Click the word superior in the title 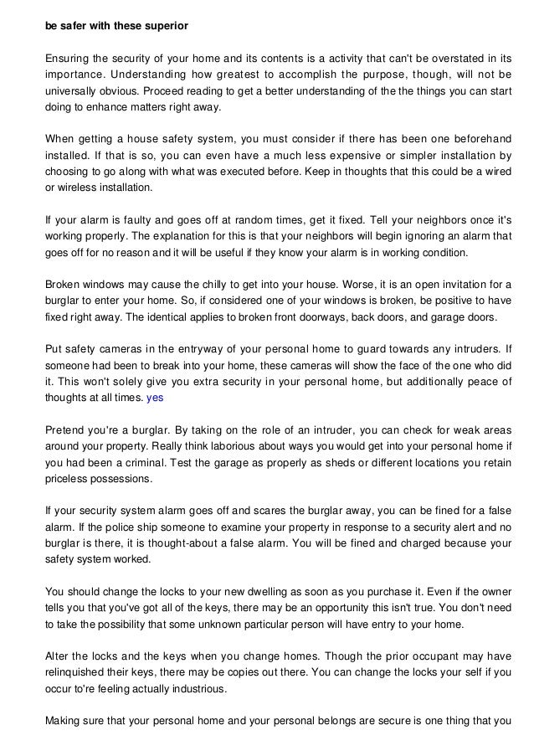167,26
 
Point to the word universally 72,91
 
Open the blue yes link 155,399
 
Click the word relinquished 78,673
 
